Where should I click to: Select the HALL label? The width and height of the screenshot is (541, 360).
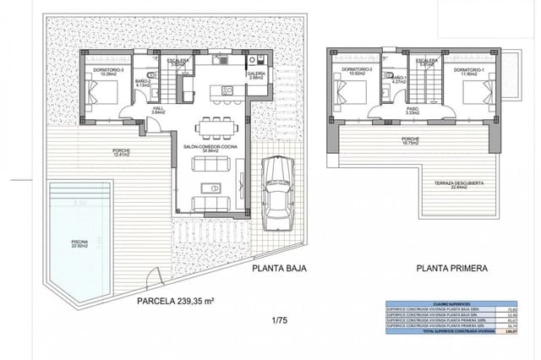click(x=158, y=110)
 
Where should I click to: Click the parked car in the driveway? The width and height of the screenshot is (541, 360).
click(x=276, y=190)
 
